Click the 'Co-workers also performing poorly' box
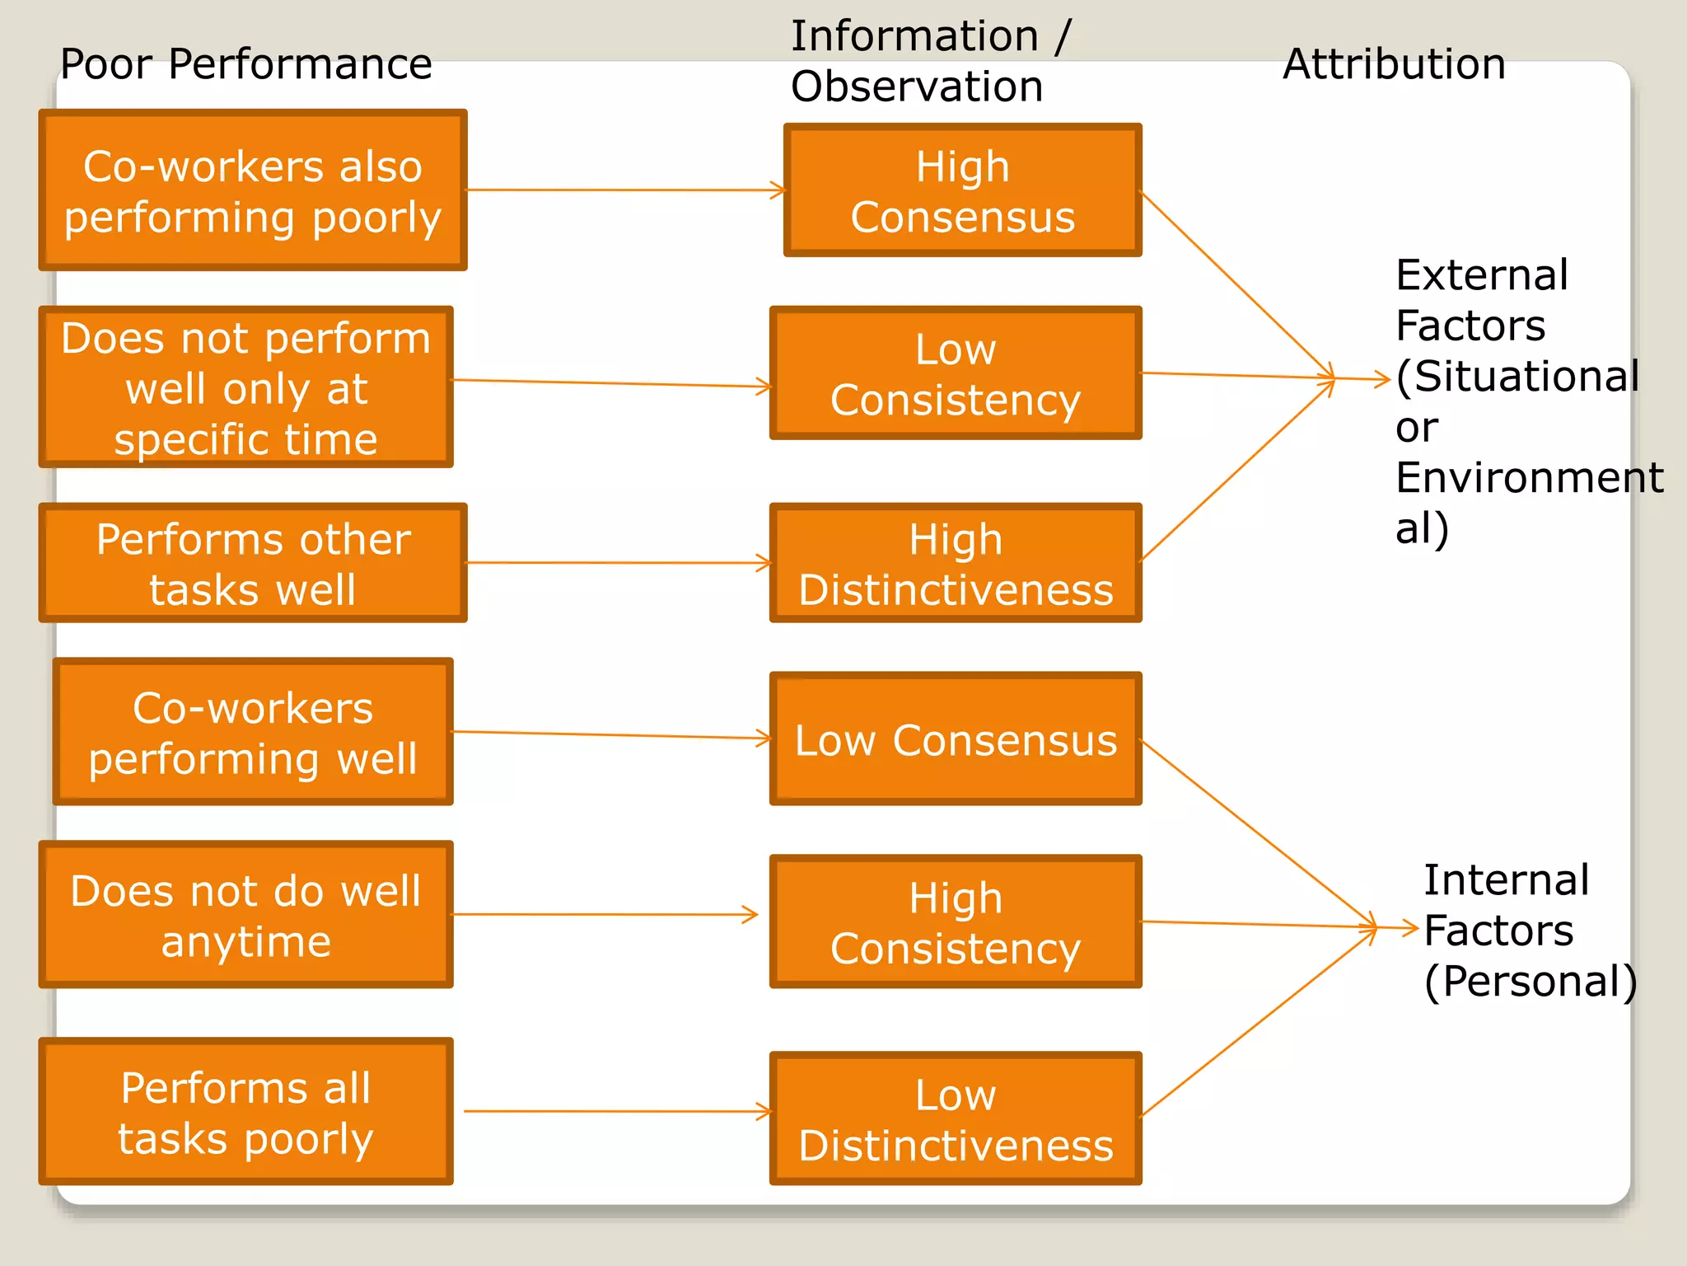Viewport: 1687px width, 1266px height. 253,190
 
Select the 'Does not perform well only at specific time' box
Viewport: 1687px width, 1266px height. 245,387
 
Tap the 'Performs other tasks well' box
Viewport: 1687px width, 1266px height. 253,563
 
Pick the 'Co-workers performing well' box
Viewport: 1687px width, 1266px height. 253,732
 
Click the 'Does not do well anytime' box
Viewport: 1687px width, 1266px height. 245,915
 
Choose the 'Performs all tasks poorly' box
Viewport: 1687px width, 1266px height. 245,1112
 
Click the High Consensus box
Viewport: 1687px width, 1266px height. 962,190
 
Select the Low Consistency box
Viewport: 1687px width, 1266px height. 956,373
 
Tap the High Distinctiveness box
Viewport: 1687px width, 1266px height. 956,563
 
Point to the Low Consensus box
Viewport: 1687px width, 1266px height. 956,739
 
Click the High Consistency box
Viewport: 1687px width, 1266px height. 956,921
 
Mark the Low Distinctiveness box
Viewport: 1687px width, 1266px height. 956,1118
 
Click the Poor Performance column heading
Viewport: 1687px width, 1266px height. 245,64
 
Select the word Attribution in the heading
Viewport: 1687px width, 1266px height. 1394,64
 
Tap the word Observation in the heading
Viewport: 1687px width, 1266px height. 916,87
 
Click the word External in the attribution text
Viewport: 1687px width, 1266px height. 1481,275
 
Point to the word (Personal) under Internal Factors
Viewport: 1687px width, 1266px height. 1530,982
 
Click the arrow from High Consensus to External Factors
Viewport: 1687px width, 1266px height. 1236,284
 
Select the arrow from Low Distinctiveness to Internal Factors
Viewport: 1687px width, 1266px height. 1256,1023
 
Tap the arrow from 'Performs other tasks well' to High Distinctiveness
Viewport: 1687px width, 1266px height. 618,563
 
